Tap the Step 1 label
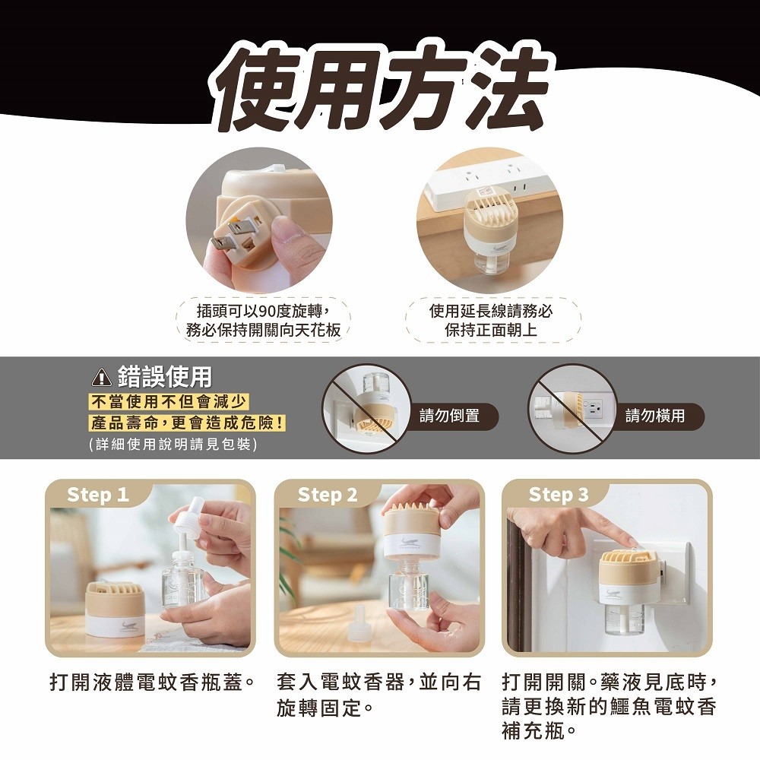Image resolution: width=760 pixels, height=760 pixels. coord(97,495)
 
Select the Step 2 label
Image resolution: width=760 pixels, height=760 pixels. coord(327,495)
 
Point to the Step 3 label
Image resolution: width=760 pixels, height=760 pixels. coord(558,495)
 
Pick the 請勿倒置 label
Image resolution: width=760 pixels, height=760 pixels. coord(450,416)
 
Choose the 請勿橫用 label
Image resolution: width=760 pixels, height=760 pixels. coord(655,416)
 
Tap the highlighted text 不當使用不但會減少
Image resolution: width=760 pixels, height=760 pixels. coord(169,402)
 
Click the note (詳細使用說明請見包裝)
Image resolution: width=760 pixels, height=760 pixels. coord(173,444)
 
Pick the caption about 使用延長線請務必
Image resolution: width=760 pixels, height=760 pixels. coord(491,320)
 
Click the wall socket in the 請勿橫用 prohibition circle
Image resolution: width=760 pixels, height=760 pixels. coord(594,408)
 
